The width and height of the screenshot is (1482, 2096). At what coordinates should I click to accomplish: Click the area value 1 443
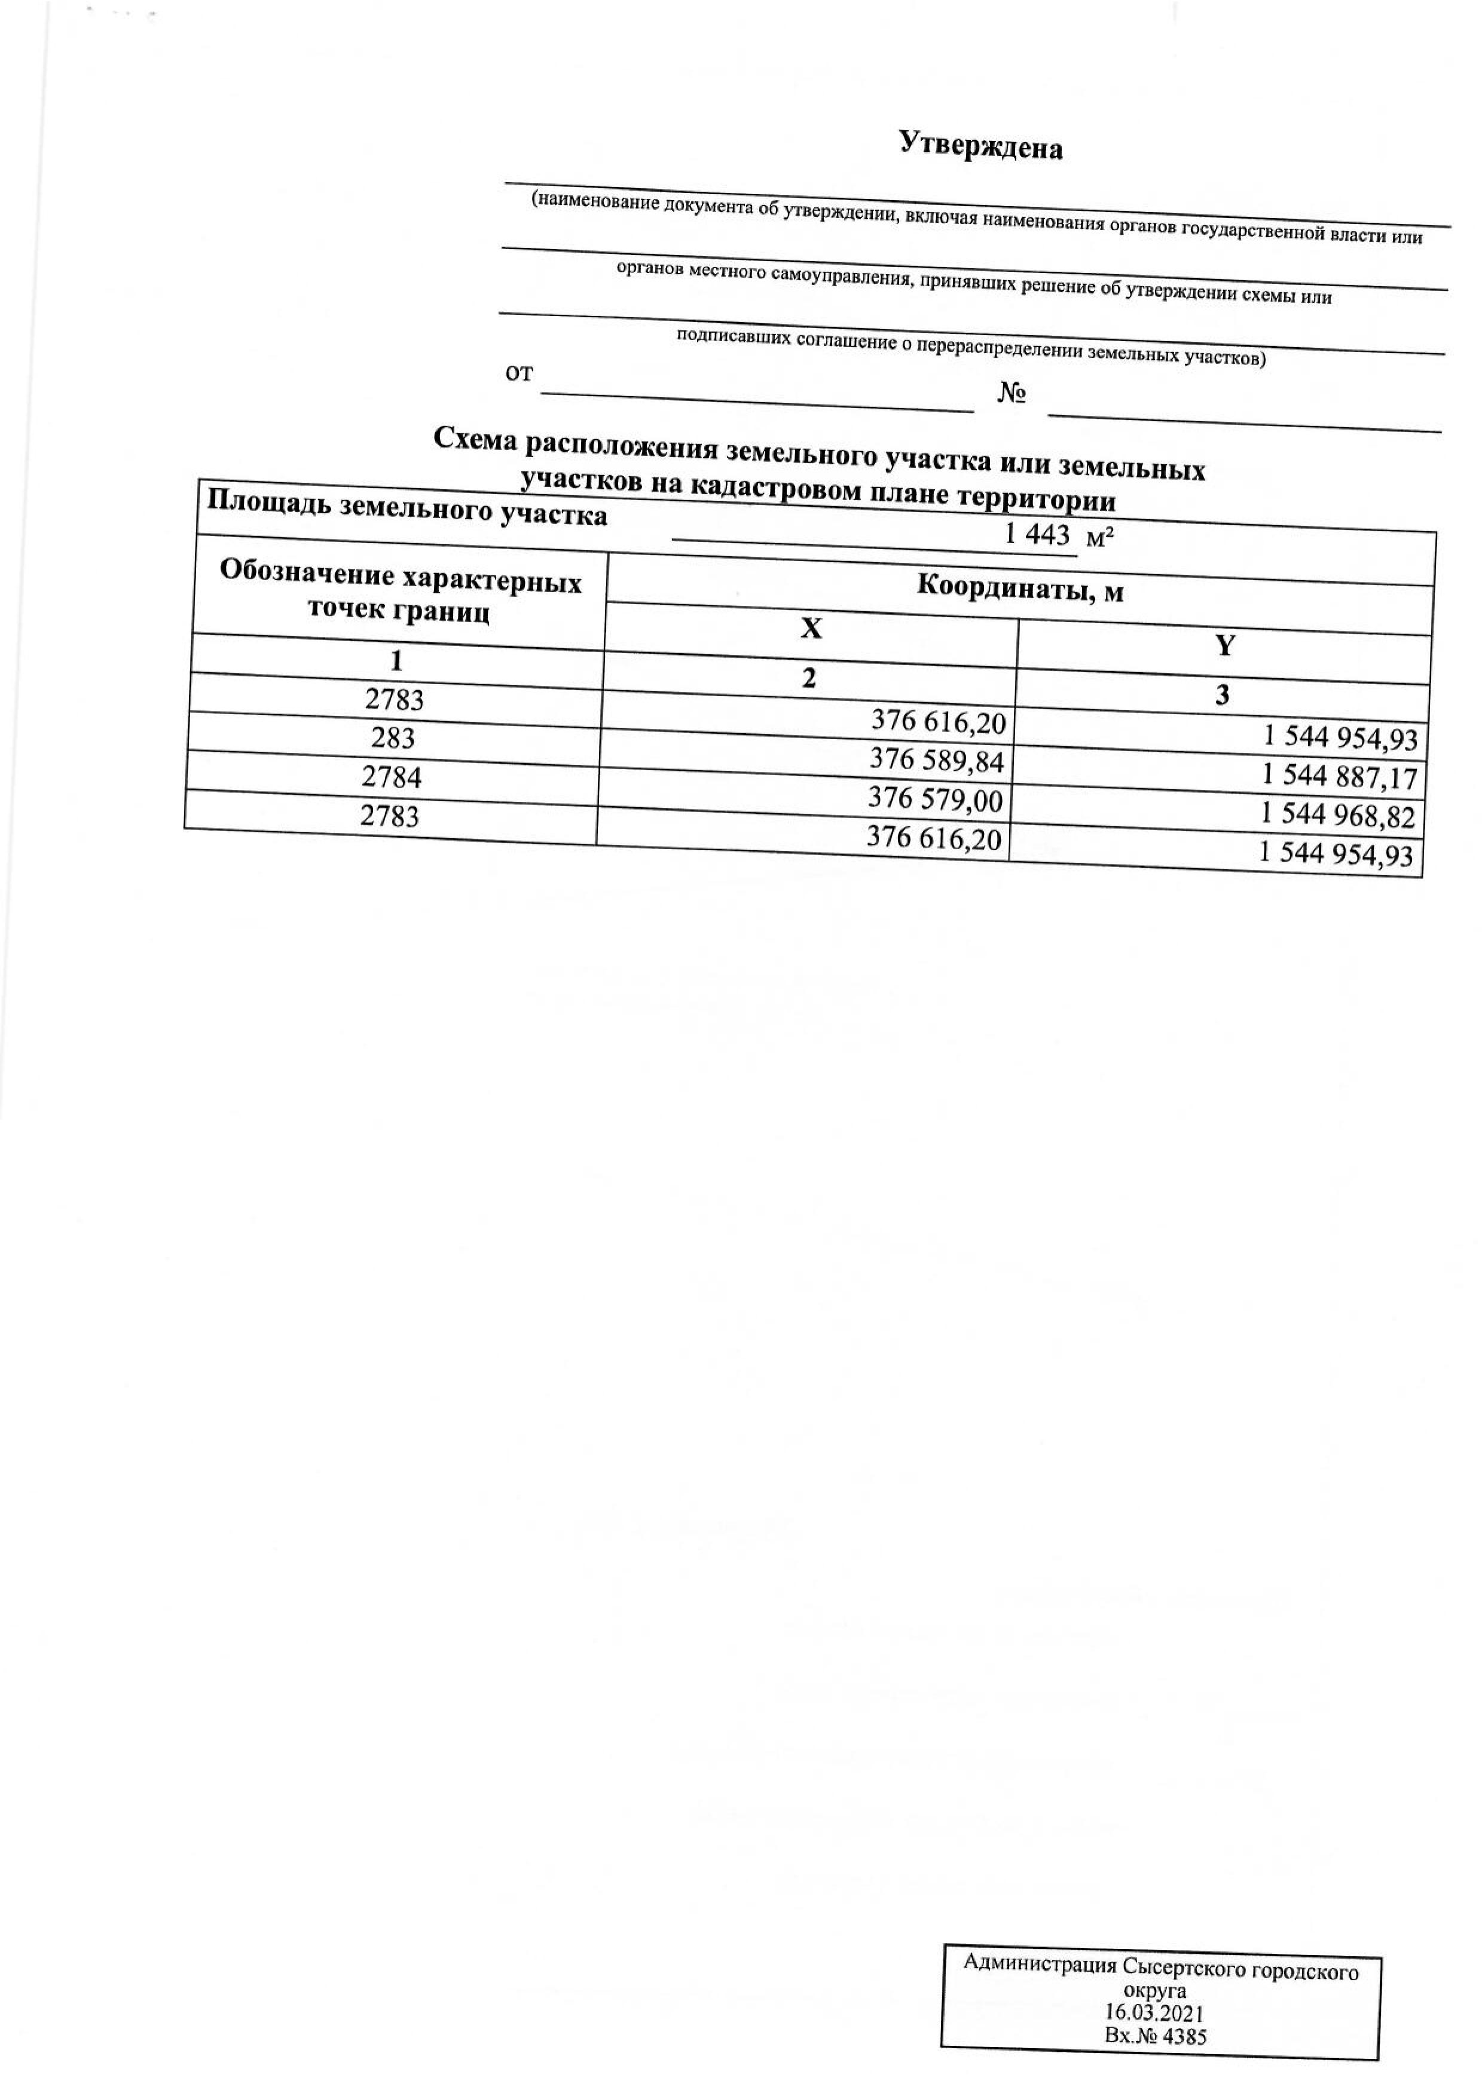1037,535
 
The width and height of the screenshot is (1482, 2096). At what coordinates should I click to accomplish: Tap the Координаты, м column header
1020,590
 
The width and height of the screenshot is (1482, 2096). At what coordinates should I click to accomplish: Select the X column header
811,628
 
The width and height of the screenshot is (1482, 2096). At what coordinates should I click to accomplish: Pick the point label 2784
392,776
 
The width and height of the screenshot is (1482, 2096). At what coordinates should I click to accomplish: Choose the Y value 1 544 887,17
1340,777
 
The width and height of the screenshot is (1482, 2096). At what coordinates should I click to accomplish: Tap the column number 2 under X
809,678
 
